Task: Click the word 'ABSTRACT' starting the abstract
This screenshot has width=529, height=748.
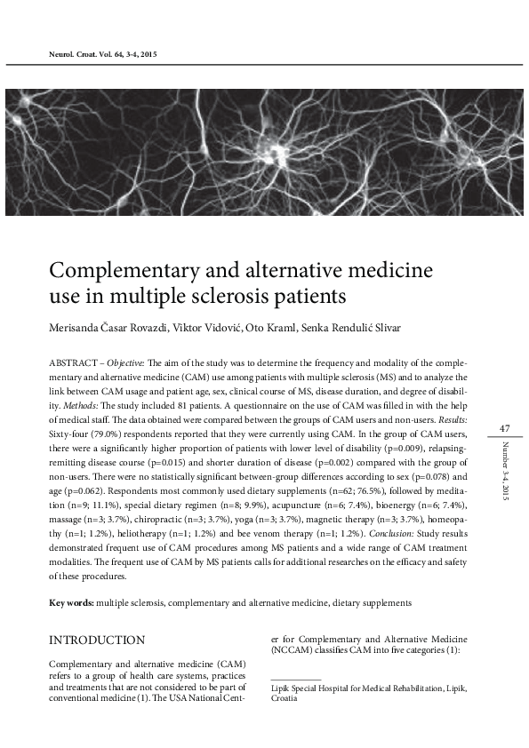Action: pyautogui.click(x=74, y=363)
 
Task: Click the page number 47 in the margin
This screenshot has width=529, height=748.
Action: pyautogui.click(x=503, y=429)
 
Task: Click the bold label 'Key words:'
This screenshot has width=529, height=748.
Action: pyautogui.click(x=71, y=602)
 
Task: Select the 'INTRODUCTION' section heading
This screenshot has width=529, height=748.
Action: pyautogui.click(x=97, y=640)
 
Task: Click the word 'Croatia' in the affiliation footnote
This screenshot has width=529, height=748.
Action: pyautogui.click(x=285, y=698)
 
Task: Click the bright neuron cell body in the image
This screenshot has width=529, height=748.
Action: pyautogui.click(x=267, y=142)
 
